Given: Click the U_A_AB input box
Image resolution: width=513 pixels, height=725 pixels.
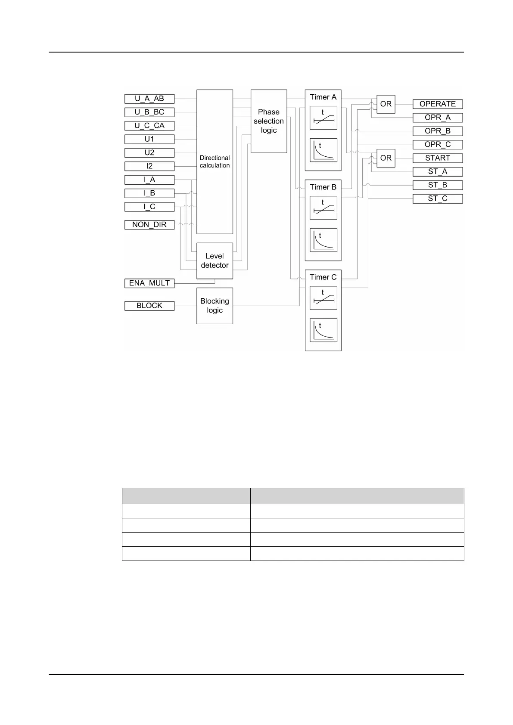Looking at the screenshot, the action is (x=149, y=99).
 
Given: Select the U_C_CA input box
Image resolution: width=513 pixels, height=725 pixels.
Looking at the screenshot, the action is (x=149, y=126).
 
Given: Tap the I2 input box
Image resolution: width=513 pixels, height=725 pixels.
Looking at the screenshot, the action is (x=149, y=166).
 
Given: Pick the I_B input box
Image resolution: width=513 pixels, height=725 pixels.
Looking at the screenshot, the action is (x=149, y=193).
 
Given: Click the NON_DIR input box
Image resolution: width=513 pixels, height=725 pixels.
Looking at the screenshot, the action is (x=149, y=225).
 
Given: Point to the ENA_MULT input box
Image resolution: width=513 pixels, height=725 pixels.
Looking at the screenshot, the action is (x=149, y=283).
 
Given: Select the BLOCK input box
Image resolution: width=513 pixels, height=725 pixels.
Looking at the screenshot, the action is (x=149, y=306).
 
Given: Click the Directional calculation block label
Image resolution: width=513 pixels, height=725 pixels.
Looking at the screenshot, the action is (x=215, y=161).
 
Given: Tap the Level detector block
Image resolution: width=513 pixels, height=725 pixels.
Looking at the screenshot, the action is (x=215, y=261).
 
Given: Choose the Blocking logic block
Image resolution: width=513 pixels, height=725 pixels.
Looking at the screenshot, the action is (x=215, y=306).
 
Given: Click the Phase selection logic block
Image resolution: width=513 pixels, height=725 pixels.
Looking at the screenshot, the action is (x=269, y=121).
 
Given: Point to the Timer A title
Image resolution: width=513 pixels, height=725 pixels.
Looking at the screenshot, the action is (x=323, y=97).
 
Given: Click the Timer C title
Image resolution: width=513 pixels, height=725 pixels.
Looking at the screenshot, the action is (x=323, y=277).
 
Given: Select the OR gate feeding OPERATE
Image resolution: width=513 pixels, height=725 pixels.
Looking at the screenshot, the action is (x=386, y=104).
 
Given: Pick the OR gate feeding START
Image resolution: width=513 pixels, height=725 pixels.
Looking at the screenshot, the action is (x=386, y=158).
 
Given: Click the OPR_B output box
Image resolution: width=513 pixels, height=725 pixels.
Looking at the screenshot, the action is (x=438, y=131).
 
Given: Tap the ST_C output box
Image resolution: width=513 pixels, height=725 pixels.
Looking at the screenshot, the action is (x=438, y=198).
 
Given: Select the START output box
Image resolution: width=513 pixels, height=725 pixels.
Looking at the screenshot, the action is (x=438, y=158).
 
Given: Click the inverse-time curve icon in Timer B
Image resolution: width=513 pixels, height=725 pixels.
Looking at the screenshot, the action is (x=323, y=240).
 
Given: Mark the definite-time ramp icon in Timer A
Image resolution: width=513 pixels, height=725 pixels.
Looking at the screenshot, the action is (x=323, y=118).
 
